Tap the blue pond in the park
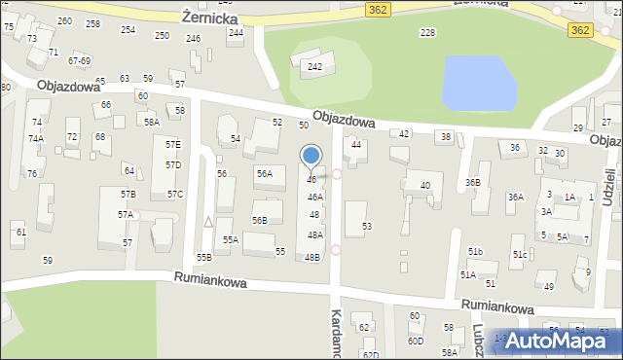pyautogui.click(x=479, y=83)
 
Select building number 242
pyautogui.click(x=314, y=66)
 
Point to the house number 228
pyautogui.click(x=426, y=33)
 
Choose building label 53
pyautogui.click(x=366, y=227)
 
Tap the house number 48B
pyautogui.click(x=311, y=258)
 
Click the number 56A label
pyautogui.click(x=264, y=173)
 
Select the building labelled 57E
pyautogui.click(x=172, y=144)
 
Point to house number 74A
pyautogui.click(x=35, y=139)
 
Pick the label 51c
pyautogui.click(x=520, y=255)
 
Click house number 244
pyautogui.click(x=236, y=32)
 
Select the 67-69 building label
pyautogui.click(x=79, y=60)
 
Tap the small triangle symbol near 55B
pyautogui.click(x=207, y=222)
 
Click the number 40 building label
pyautogui.click(x=424, y=185)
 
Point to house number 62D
pyautogui.click(x=370, y=355)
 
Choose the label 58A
pyautogui.click(x=151, y=123)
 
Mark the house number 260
pyautogui.click(x=64, y=21)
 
